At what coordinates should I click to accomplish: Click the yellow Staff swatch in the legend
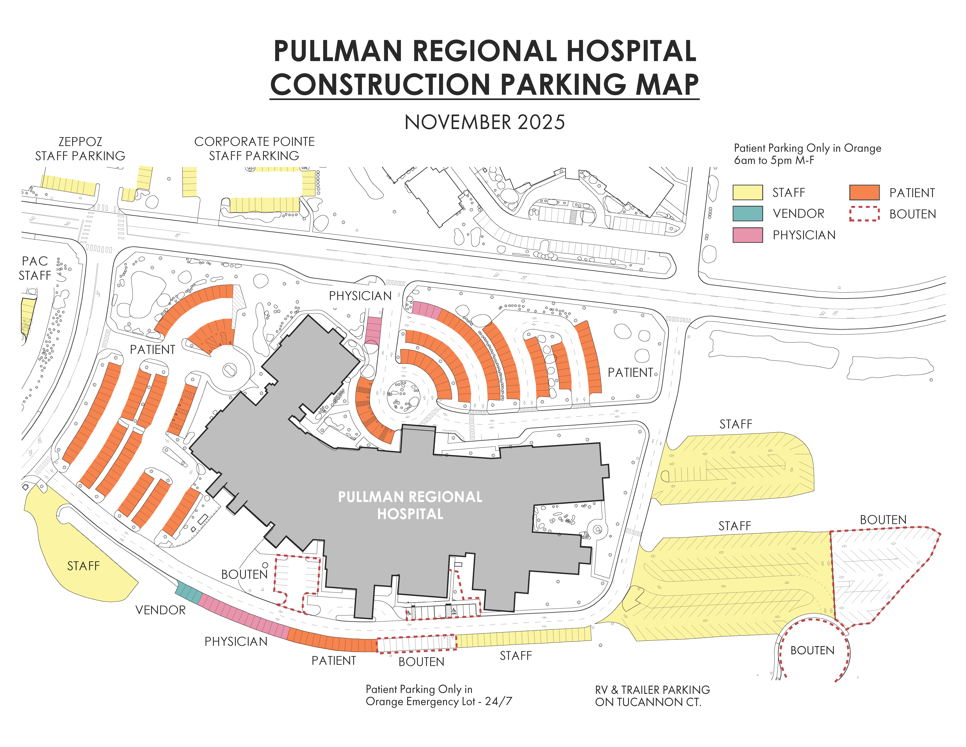[747, 192]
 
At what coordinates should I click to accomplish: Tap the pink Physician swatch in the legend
[747, 235]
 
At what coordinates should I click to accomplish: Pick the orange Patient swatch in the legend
[864, 192]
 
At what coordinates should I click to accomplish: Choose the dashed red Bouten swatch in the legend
[864, 214]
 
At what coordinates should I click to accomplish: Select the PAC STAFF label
[35, 268]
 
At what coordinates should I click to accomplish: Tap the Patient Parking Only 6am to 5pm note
[807, 154]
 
